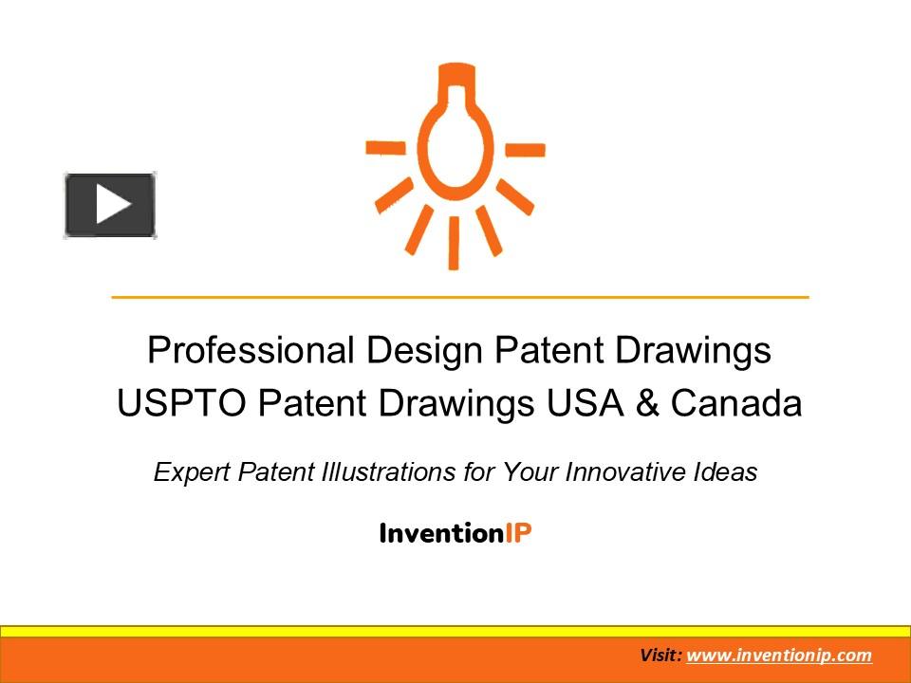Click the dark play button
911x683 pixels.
click(x=110, y=205)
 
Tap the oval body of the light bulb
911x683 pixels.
click(x=454, y=152)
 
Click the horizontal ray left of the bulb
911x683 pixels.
click(x=386, y=147)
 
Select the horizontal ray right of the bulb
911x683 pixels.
click(x=525, y=150)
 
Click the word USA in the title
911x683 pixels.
click(x=583, y=404)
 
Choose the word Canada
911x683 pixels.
click(x=735, y=404)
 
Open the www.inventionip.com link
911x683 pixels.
click(x=778, y=655)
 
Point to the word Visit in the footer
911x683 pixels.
click(x=660, y=655)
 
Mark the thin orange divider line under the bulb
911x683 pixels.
click(x=460, y=298)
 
